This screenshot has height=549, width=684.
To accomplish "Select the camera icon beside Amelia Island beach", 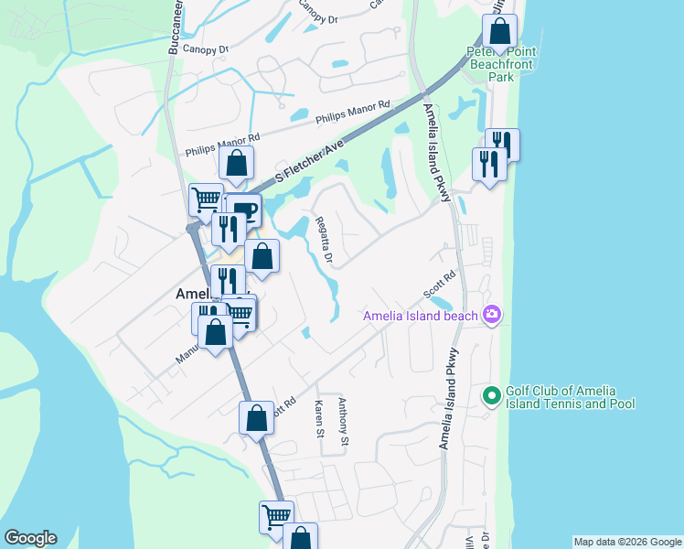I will pyautogui.click(x=493, y=316).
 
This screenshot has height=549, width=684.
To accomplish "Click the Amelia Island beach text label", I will pyautogui.click(x=420, y=317).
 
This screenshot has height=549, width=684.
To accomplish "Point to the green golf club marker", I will pyautogui.click(x=491, y=396).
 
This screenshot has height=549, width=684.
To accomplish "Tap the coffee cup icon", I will pyautogui.click(x=244, y=210).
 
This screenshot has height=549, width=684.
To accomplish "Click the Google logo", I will pyautogui.click(x=30, y=538).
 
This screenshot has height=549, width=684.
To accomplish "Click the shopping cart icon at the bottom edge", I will pyautogui.click(x=276, y=516).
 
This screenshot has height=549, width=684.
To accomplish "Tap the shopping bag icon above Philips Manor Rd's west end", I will pyautogui.click(x=236, y=165).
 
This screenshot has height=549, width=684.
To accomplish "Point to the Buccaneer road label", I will pyautogui.click(x=173, y=27).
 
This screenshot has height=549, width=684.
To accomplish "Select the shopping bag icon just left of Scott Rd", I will pyautogui.click(x=257, y=417).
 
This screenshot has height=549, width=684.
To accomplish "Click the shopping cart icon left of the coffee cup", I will pyautogui.click(x=206, y=199).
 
